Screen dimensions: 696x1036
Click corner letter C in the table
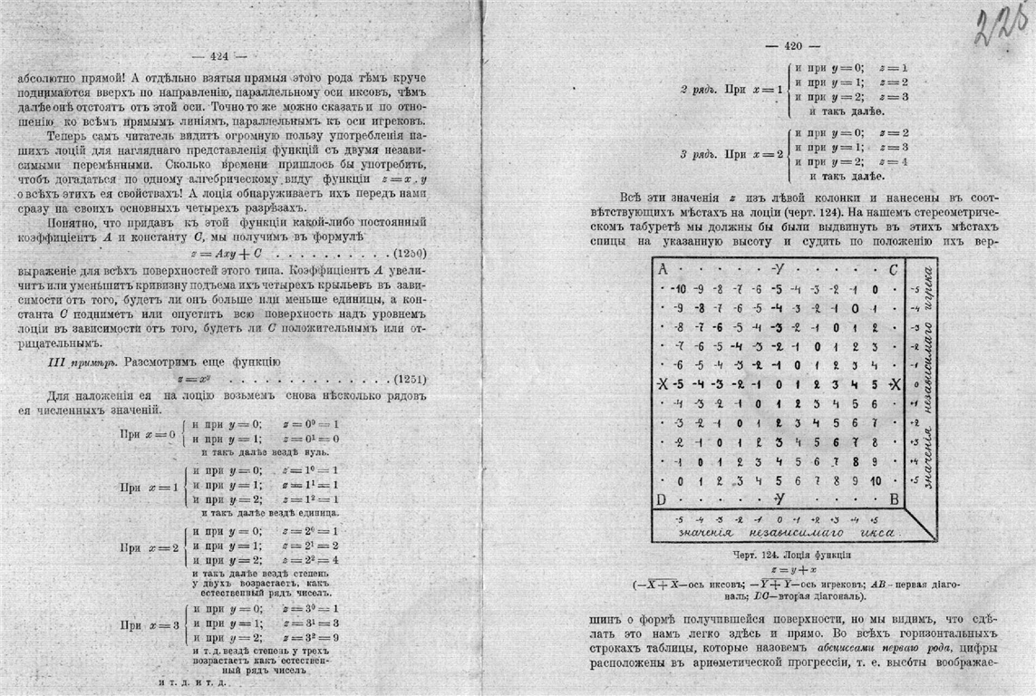[894, 269]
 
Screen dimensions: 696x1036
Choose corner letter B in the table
[894, 499]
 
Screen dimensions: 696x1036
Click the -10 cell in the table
[677, 289]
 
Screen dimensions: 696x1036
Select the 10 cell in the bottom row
[875, 480]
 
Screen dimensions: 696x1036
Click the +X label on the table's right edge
[895, 384]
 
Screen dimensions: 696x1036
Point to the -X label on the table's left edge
[663, 384]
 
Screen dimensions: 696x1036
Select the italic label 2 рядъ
[699, 91]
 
